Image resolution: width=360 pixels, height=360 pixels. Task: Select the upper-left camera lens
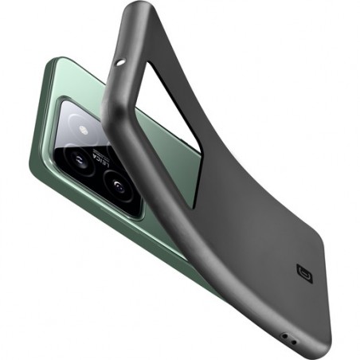click(81, 158)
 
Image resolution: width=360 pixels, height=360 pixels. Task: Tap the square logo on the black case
click(303, 272)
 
